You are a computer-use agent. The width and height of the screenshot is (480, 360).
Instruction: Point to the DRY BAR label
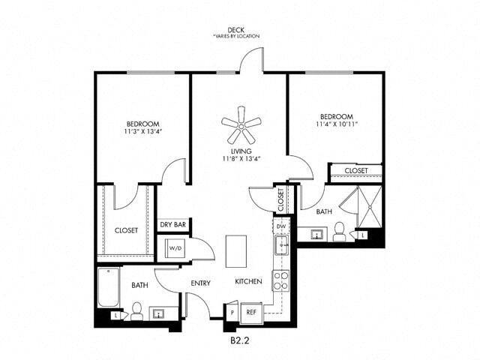pos(172,224)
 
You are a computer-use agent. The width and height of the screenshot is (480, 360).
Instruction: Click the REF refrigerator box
pos(252,310)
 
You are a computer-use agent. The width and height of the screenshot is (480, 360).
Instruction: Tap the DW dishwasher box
pos(281,225)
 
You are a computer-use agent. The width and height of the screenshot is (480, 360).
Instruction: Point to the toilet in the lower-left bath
pos(137,310)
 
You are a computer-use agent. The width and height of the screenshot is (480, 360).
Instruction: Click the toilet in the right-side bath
pos(339,230)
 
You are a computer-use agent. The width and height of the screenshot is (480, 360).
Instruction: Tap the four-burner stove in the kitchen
pos(281,280)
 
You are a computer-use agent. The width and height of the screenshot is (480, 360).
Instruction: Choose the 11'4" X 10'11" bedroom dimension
pos(336,124)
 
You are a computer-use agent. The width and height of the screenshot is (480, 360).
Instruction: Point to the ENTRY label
pos(200,283)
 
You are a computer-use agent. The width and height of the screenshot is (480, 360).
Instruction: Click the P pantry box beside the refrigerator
pos(232,310)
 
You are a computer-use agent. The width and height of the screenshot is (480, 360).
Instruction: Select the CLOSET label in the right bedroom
pos(356,171)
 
